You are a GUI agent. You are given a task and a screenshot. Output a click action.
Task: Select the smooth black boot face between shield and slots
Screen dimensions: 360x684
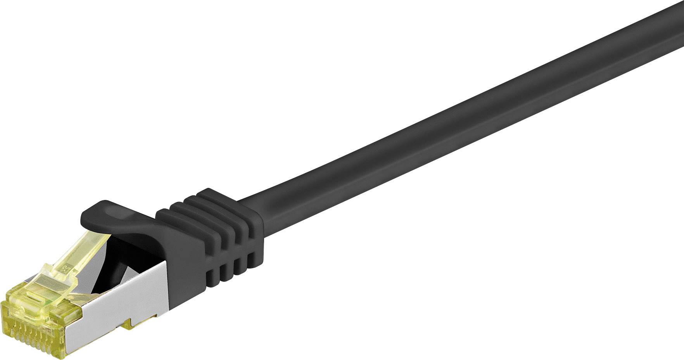(186, 271)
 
